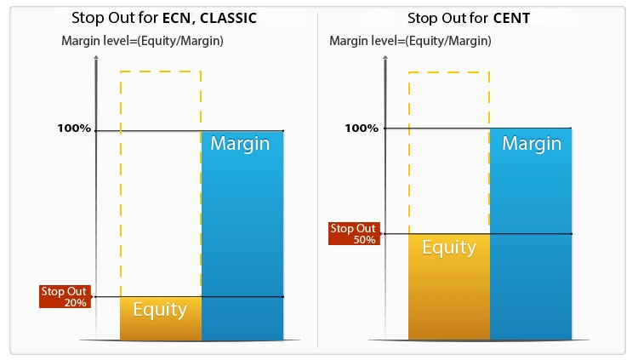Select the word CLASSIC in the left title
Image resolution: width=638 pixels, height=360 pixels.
pos(228,18)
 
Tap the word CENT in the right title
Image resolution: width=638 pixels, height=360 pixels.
pos(511,18)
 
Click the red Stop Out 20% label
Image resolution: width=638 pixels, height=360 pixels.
pos(65,296)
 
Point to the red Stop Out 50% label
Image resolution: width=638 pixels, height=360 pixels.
pos(354,233)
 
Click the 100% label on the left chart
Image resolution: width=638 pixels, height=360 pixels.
pos(74,129)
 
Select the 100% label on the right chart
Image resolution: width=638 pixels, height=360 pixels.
pos(362,129)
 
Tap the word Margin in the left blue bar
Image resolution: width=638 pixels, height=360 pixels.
pos(240,143)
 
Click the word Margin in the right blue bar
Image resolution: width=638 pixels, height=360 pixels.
pos(532,143)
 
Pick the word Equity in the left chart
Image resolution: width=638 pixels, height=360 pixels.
pos(160,310)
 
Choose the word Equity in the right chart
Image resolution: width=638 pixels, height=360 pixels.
pos(449,248)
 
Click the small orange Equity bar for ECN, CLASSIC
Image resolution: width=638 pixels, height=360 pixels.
pos(161,318)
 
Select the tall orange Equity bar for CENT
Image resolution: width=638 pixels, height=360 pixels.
pos(449,287)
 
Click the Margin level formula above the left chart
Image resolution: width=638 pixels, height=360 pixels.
pos(142,41)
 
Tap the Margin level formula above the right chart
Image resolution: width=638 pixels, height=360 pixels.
pos(410,41)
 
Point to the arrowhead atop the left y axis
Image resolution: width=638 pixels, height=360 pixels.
pos(96,58)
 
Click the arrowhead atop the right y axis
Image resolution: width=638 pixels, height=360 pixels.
pos(385,58)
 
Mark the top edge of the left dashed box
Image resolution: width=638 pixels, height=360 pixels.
pos(161,71)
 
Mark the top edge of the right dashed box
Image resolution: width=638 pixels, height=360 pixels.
pos(449,72)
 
